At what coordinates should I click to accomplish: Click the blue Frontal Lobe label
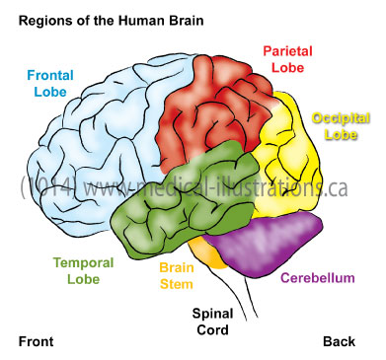[46, 82]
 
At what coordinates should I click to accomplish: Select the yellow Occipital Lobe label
[341, 125]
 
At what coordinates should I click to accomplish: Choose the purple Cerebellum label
[317, 278]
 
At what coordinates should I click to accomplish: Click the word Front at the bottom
[37, 341]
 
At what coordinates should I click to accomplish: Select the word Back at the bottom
[338, 341]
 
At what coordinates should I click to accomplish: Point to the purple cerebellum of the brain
[276, 244]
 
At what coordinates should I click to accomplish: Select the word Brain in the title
[179, 18]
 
